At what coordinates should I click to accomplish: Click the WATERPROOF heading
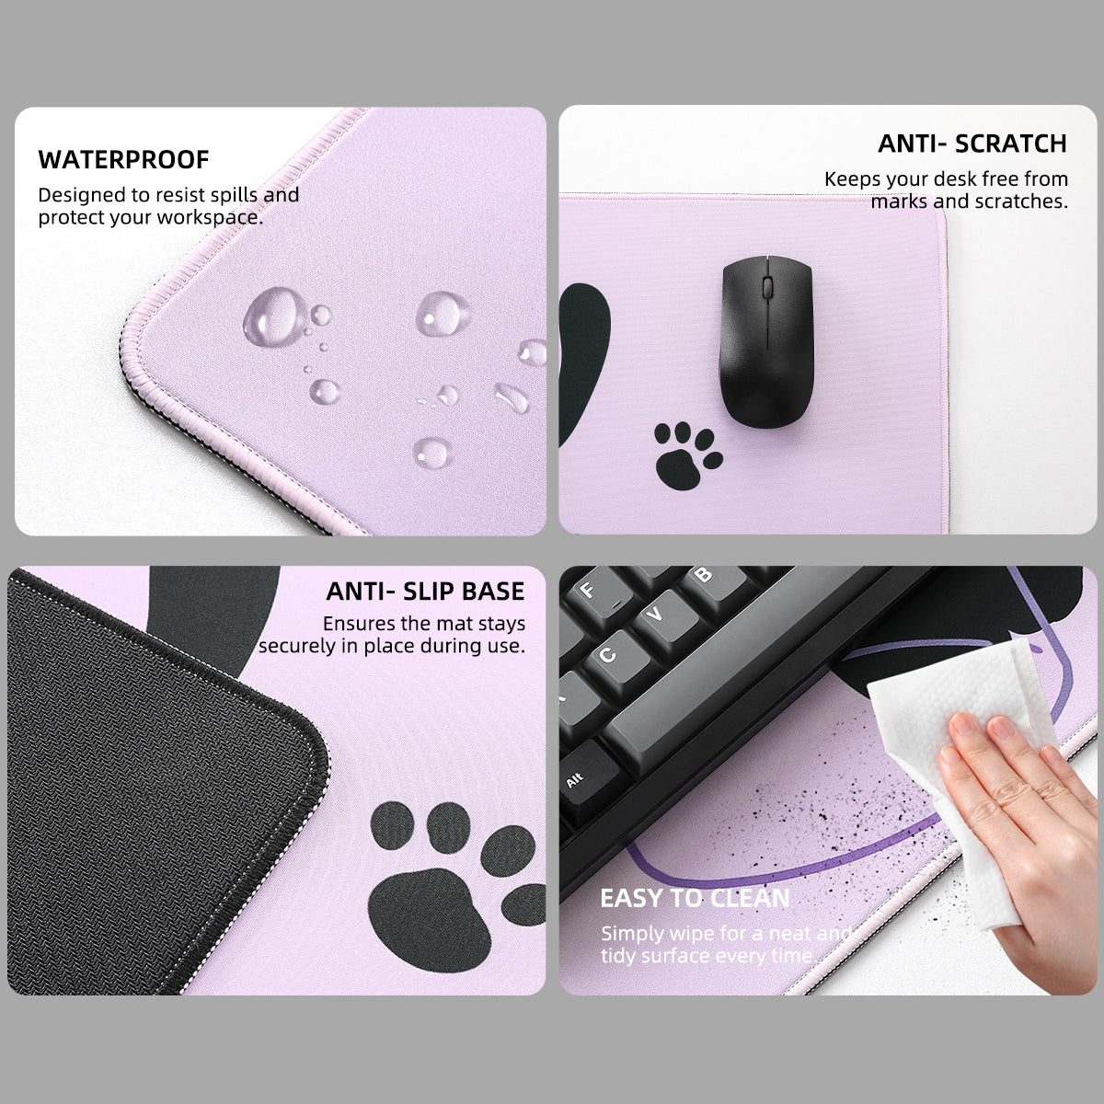(123, 159)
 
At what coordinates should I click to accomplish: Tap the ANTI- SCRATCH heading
(972, 144)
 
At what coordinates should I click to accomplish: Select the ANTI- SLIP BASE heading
(425, 591)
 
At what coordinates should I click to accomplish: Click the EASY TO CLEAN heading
(695, 898)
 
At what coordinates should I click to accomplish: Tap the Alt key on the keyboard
(576, 778)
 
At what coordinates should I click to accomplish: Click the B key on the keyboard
(704, 576)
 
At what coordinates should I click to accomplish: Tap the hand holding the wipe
(1021, 810)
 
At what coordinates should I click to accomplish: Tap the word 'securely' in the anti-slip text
(298, 646)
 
